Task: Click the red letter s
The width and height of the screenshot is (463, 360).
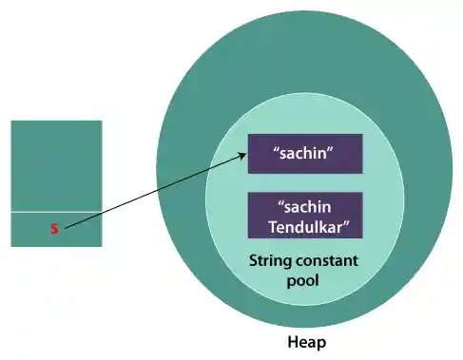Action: pos(54,229)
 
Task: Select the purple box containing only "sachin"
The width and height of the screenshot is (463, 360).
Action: pos(304,154)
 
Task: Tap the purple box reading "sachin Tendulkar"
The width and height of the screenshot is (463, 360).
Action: pos(304,215)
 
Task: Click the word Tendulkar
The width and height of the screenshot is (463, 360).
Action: pos(304,225)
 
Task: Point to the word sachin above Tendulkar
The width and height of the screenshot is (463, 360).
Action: pos(306,206)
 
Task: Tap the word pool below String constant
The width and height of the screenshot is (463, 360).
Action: pos(304,280)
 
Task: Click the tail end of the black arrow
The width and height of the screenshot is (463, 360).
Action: pos(66,228)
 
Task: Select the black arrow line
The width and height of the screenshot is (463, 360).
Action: pos(152,195)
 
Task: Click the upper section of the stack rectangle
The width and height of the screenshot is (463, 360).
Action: pos(56,165)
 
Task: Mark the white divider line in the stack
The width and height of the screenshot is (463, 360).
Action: pos(56,212)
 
